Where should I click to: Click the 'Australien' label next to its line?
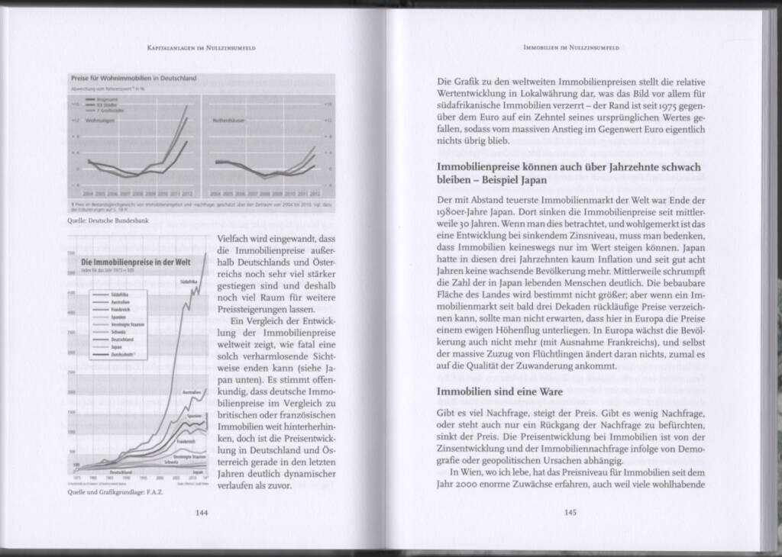(x=190, y=393)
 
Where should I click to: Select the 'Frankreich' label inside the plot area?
(x=187, y=442)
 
